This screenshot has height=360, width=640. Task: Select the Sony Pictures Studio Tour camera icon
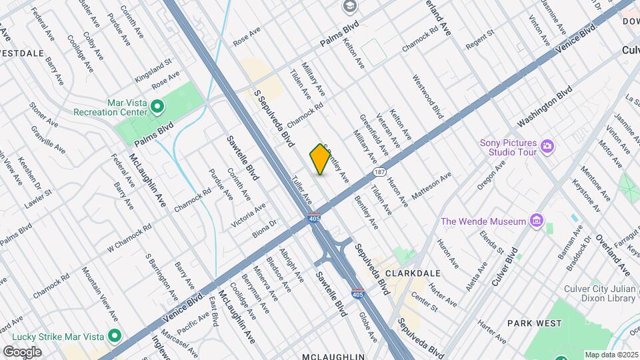[x=547, y=146]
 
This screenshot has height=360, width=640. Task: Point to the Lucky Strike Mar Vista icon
[x=115, y=335]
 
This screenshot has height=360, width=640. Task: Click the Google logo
[x=22, y=351]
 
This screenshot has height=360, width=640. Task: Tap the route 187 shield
[x=379, y=171]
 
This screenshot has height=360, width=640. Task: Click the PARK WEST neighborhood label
[x=535, y=323]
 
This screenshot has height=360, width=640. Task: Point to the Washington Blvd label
[x=545, y=106]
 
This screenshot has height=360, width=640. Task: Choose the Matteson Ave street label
[x=432, y=184]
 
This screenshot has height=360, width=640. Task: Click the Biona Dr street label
[x=265, y=229]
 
